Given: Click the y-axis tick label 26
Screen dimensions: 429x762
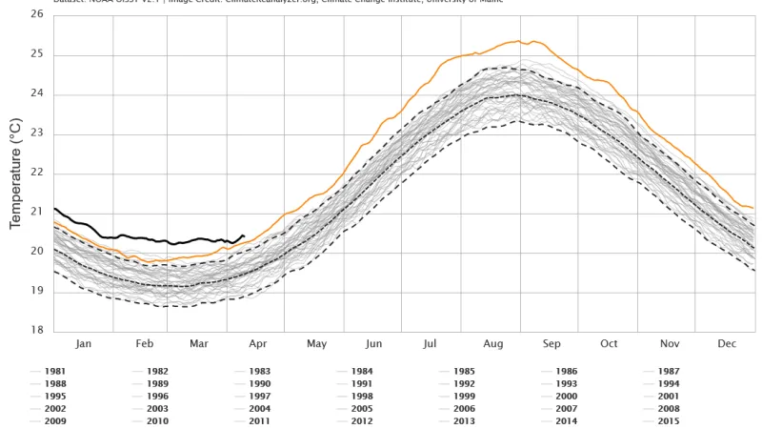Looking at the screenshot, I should (35, 15).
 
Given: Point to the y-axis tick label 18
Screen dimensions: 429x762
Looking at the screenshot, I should (35, 331).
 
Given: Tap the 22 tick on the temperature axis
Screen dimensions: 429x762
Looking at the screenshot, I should (35, 173).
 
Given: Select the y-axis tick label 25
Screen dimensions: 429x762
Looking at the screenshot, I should (35, 54).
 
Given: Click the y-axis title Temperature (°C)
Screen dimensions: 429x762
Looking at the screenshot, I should (15, 174).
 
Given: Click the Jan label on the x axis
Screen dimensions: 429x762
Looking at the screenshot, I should (83, 343).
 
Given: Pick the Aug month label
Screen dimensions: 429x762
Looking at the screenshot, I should (493, 343).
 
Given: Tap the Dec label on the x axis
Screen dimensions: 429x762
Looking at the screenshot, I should (727, 343).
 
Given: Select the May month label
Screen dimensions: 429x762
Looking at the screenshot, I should (317, 343).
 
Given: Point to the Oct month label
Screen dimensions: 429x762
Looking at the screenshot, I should (609, 343).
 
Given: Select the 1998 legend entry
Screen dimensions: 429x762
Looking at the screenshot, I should (361, 396).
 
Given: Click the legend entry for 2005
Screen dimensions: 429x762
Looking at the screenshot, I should (361, 408).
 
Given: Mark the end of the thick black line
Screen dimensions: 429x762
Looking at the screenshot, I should (244, 235).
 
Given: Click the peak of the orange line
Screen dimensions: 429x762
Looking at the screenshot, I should (518, 41).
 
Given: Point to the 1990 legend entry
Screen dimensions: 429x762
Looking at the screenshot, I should (259, 383).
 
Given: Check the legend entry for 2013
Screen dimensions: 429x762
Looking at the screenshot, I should (464, 420).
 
